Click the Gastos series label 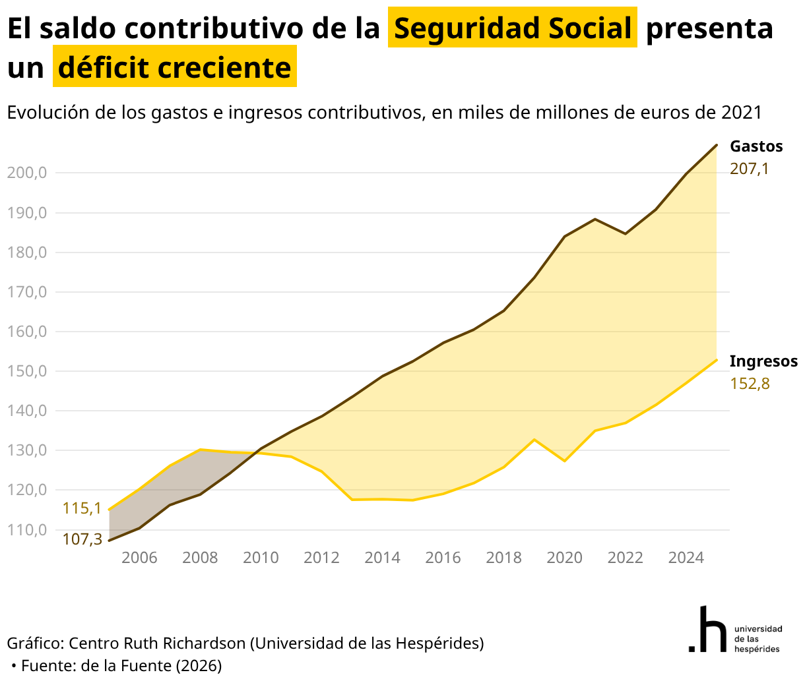(756, 146)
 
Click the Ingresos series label (763, 361)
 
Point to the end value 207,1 (749, 169)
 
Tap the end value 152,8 (750, 384)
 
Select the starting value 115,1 (82, 508)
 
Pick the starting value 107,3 (82, 539)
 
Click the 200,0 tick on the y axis (27, 173)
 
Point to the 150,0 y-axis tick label (27, 371)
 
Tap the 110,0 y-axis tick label (27, 530)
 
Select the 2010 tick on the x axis (261, 558)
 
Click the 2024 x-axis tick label (686, 558)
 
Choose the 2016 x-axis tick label (443, 558)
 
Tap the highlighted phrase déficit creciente (174, 67)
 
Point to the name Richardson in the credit (204, 643)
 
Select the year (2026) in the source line (199, 665)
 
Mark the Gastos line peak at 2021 (595, 219)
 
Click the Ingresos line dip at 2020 (564, 461)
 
